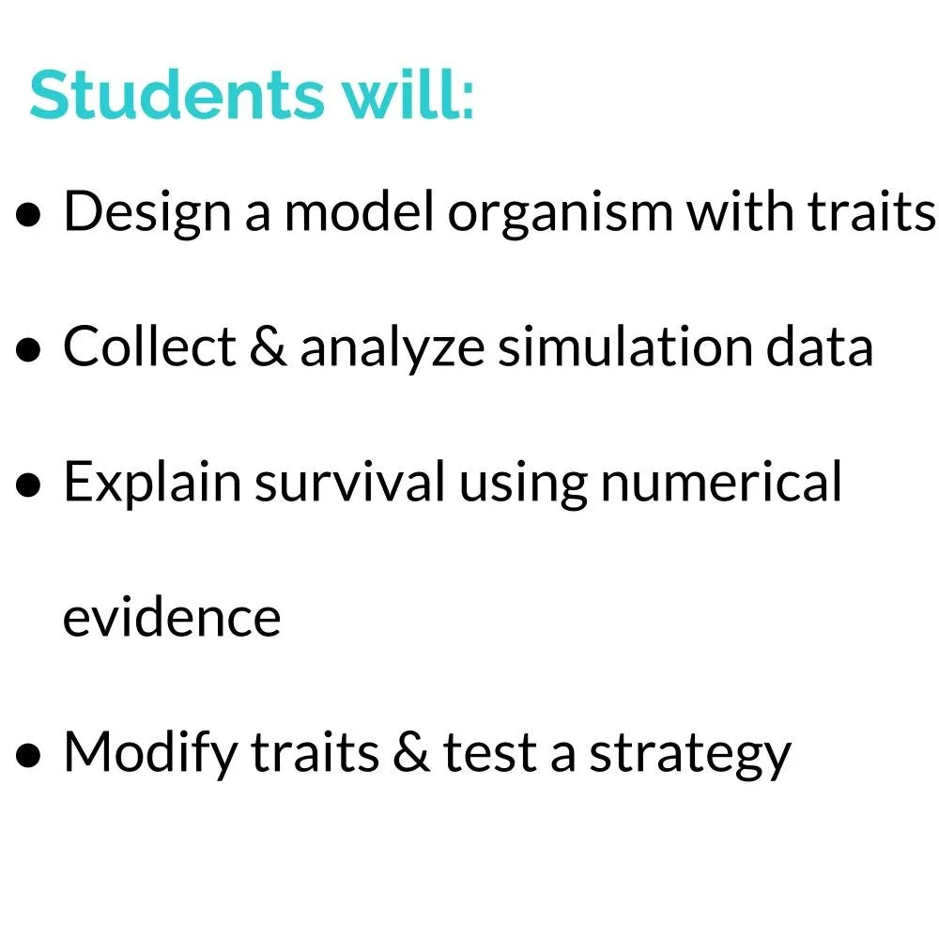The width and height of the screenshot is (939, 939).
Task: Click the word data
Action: [x=820, y=348]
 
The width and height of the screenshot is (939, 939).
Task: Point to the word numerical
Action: [x=720, y=484]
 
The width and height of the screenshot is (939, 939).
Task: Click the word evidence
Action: [x=171, y=619]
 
